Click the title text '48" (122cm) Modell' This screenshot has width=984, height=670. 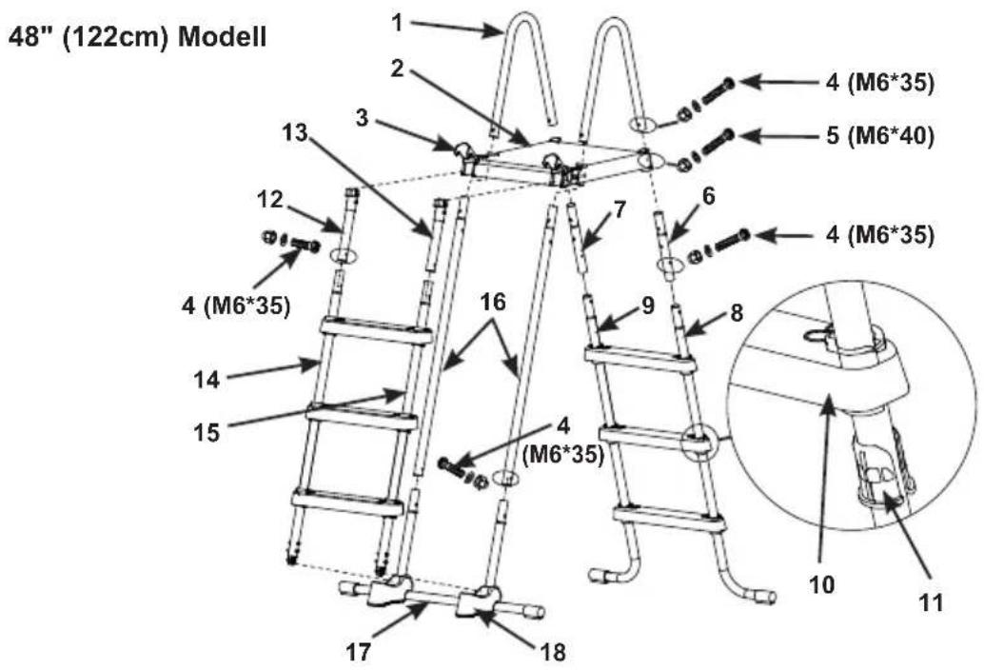(x=137, y=37)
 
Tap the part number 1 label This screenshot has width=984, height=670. (x=397, y=23)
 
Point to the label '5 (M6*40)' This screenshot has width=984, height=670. (x=880, y=135)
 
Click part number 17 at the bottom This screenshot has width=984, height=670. (x=359, y=653)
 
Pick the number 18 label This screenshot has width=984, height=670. (x=553, y=653)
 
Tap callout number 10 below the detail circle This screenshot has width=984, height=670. (x=822, y=584)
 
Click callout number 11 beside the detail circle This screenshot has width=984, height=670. (x=930, y=602)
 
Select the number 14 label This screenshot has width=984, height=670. (x=207, y=379)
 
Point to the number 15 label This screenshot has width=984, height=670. (x=207, y=432)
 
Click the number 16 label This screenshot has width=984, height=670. (x=493, y=302)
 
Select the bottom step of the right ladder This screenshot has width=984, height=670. (x=670, y=517)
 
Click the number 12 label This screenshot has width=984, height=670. (x=270, y=200)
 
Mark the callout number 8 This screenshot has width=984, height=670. (x=737, y=312)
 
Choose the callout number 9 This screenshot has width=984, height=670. (x=648, y=305)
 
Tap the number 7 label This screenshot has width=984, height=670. (x=620, y=210)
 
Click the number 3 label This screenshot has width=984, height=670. (x=362, y=118)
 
